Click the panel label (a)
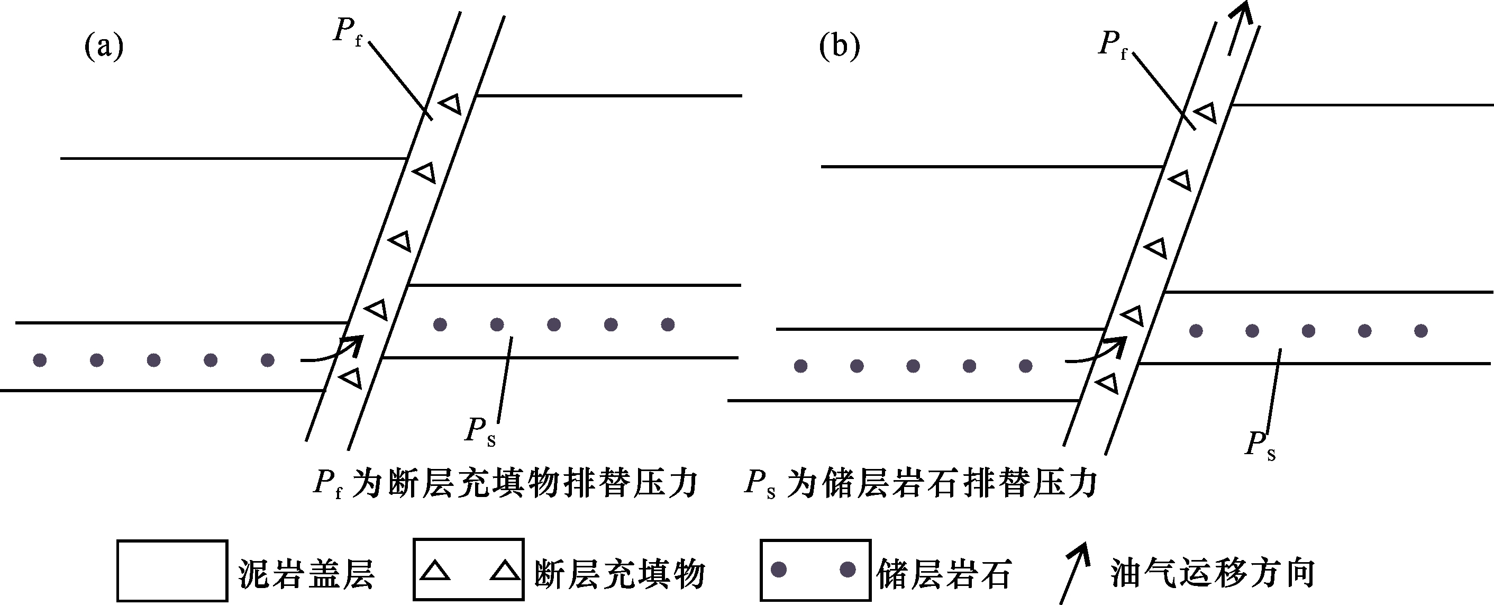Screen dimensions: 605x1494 click(x=104, y=47)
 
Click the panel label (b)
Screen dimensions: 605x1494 click(x=839, y=47)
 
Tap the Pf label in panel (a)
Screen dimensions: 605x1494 click(x=347, y=31)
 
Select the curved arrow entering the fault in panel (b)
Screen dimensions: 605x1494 click(x=1099, y=352)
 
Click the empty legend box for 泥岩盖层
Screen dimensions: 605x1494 click(x=172, y=571)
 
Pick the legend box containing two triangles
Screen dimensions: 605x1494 click(x=469, y=569)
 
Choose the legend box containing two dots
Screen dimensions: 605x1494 click(x=815, y=570)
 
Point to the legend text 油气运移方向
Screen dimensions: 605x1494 click(x=1212, y=573)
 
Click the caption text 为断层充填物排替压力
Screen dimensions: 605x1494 click(x=525, y=483)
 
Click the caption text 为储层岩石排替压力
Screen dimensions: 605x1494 click(x=942, y=483)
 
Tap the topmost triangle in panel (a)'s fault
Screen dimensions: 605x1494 click(x=451, y=104)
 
